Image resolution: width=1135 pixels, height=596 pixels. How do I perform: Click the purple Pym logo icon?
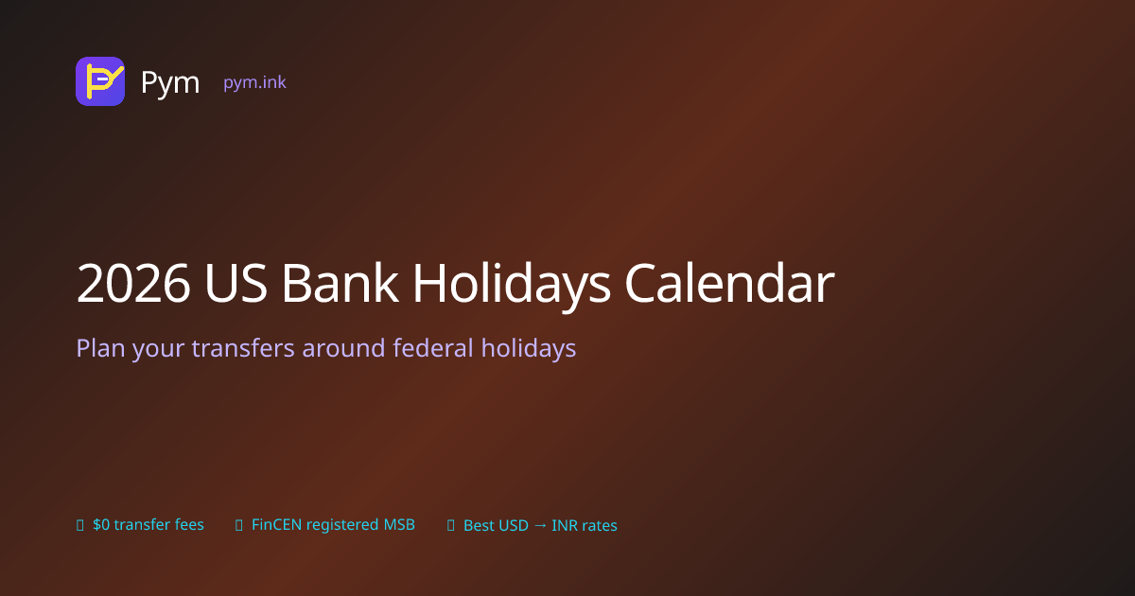point(100,81)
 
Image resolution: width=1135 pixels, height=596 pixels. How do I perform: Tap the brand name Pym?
point(170,82)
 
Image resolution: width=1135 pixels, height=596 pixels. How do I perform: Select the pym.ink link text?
point(254,82)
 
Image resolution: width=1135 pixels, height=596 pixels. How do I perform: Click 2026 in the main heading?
point(133,283)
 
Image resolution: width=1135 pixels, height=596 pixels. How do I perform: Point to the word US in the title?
point(236,283)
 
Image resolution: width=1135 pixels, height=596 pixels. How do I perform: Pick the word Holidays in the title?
point(512,287)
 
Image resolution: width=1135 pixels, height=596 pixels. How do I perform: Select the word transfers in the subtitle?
point(243,348)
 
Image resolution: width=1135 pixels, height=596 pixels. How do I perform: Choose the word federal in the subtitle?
point(433,348)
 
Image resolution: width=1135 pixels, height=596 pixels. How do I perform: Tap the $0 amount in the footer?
point(101,524)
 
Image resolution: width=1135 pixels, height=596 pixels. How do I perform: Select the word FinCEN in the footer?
point(276,524)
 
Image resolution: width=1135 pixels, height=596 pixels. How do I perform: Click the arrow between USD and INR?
point(540,526)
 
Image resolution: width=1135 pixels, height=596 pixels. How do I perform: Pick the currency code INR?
point(566,526)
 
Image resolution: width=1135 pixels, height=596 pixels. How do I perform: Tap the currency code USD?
point(514,526)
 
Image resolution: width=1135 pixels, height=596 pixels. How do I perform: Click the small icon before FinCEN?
point(239,525)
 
